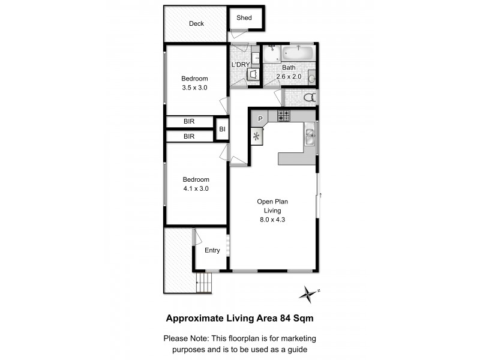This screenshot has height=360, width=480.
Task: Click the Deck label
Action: tap(196, 24)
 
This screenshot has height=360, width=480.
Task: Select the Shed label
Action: tap(244, 18)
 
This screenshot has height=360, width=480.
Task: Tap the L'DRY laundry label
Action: tap(241, 65)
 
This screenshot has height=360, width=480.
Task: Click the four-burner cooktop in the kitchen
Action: tap(284, 115)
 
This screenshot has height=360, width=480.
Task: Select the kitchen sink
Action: tap(310, 137)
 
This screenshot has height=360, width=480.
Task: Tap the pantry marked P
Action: tap(260, 119)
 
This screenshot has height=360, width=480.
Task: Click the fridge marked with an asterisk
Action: tap(258, 136)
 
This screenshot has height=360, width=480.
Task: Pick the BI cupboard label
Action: tap(222, 129)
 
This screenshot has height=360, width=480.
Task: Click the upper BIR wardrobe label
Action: tap(189, 122)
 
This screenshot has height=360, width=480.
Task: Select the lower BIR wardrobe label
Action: tap(189, 137)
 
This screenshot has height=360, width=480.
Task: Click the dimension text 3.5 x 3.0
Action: tap(194, 88)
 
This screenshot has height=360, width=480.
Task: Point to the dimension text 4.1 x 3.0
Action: tap(196, 188)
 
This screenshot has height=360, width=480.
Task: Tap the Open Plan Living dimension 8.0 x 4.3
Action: tap(273, 220)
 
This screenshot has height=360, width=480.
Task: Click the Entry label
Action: tap(212, 250)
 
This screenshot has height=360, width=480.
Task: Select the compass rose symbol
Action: tap(308, 293)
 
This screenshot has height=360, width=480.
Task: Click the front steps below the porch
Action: tap(205, 282)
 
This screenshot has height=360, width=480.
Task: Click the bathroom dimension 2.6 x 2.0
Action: tap(289, 77)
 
